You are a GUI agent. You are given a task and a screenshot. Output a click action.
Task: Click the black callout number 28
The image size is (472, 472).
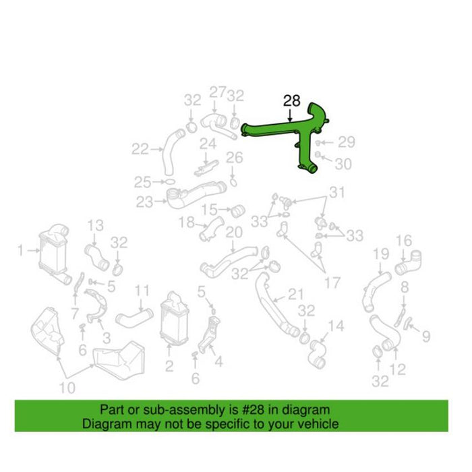point(292,100)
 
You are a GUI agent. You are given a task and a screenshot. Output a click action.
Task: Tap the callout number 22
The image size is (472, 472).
point(140,149)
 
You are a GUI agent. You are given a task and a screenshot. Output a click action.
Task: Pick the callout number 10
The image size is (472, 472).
point(67,388)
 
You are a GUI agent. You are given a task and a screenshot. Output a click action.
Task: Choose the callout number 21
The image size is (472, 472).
point(297,295)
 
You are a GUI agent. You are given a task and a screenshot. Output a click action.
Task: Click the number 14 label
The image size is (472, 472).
point(336,326)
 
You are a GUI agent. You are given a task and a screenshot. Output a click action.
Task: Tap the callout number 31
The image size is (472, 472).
point(336,192)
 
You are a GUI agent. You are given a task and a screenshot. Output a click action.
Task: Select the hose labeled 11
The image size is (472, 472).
point(134,318)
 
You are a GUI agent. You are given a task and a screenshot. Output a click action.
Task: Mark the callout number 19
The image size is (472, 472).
point(381,254)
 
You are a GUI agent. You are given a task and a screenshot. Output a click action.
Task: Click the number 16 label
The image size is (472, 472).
point(404,240)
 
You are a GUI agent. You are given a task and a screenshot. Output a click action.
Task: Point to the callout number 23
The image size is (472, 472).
point(144,202)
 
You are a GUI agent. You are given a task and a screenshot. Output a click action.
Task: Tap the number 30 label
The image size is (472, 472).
point(343,165)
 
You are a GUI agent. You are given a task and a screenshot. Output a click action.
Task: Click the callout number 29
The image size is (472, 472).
point(347,142)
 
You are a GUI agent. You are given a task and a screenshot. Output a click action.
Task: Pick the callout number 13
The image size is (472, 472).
point(96,225)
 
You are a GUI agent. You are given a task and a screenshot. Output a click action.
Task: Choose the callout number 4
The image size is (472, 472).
point(218,361)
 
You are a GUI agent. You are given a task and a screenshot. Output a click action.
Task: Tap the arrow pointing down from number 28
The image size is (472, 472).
point(290,115)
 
